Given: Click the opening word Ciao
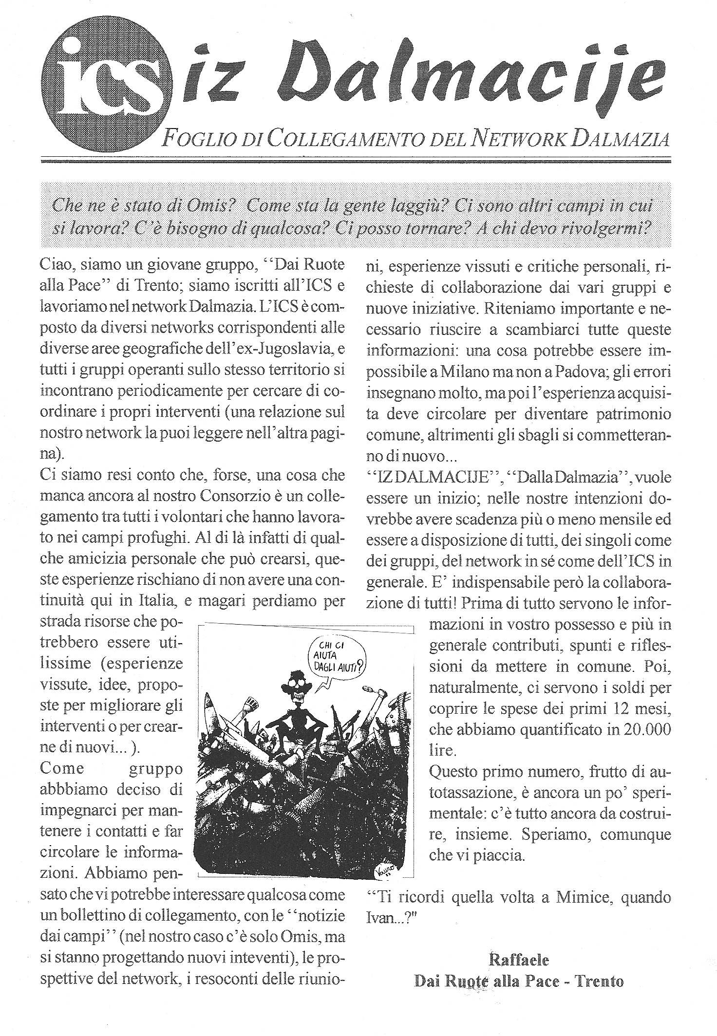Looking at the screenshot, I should (56, 265).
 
